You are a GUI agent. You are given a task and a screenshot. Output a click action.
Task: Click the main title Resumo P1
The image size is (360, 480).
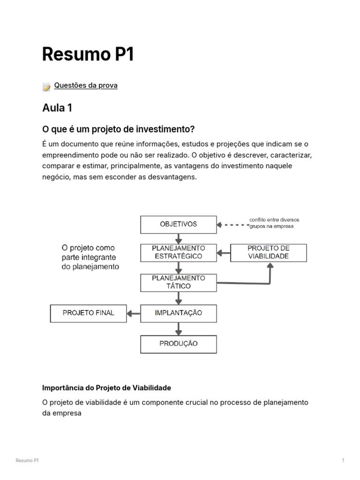88,54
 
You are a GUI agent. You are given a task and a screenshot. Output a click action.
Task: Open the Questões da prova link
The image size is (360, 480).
86,85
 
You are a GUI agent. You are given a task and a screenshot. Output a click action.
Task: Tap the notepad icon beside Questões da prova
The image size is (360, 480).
46,87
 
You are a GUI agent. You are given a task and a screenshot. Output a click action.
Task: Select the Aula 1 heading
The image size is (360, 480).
57,108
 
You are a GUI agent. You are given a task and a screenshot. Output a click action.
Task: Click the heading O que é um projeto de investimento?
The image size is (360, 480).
118,129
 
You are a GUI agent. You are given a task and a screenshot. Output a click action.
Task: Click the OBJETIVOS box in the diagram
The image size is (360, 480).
179,225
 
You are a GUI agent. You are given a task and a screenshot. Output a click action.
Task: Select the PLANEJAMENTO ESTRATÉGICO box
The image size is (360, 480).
179,252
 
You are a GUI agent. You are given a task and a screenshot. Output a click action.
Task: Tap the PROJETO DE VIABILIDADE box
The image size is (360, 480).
268,252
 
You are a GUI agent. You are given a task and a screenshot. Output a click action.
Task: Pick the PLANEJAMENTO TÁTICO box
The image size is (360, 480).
179,282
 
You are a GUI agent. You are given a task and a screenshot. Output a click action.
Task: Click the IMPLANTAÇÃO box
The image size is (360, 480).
179,313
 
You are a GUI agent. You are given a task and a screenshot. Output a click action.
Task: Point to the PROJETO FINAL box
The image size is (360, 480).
88,313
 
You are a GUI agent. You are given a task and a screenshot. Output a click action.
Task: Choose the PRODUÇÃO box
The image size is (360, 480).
179,344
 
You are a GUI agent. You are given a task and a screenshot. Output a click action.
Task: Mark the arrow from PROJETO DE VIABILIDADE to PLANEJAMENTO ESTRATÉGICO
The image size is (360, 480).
224,253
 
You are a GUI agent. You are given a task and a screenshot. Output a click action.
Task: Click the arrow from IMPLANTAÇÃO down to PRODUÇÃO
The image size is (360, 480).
179,329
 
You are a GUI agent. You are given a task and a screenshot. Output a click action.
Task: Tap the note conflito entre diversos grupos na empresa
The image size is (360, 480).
274,223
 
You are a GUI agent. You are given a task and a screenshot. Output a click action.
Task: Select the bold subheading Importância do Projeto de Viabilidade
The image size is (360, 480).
106,388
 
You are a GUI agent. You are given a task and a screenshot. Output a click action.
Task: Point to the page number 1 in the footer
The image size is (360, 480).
343,461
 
